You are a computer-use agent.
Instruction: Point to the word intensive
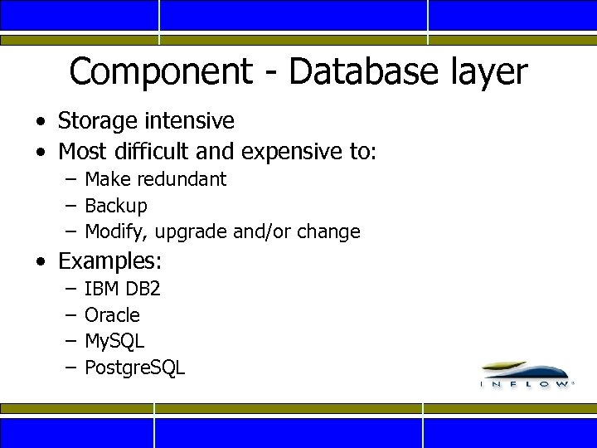193,120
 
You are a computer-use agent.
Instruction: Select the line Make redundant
155,179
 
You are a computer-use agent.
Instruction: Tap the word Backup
116,206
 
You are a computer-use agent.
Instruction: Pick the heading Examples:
110,262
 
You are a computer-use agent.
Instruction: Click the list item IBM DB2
123,289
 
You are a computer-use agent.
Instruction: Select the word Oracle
113,315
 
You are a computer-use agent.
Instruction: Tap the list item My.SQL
114,342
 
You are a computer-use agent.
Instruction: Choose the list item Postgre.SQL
135,368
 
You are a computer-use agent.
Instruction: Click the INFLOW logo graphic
525,375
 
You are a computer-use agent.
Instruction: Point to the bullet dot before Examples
41,263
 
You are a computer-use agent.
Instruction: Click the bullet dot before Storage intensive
41,122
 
